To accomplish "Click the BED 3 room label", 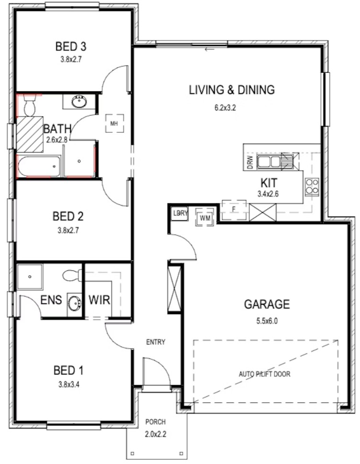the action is click(x=71, y=46).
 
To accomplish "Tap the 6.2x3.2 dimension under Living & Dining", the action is click(x=225, y=108).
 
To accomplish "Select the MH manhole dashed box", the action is click(x=115, y=123).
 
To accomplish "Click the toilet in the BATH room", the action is click(x=29, y=105).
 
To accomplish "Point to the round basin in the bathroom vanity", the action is click(x=79, y=102).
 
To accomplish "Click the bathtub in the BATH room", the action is click(x=39, y=167).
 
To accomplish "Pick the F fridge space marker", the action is click(x=234, y=210).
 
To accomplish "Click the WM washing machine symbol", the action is click(x=205, y=218).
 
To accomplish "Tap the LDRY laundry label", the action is click(x=180, y=213).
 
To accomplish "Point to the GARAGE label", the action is click(x=267, y=304).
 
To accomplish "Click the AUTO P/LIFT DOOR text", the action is click(x=264, y=374).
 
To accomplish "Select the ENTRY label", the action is click(x=155, y=342).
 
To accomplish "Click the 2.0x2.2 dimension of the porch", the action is click(x=155, y=434).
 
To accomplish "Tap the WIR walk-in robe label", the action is click(x=99, y=300).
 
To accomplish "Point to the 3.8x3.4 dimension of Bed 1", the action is click(x=69, y=385).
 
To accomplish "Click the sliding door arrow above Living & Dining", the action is click(x=209, y=49).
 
